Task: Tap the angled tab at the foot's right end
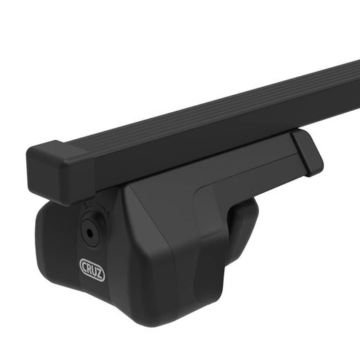(x=307, y=152)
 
